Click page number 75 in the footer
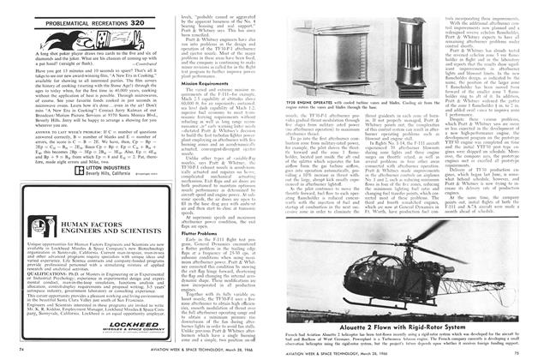515,350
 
